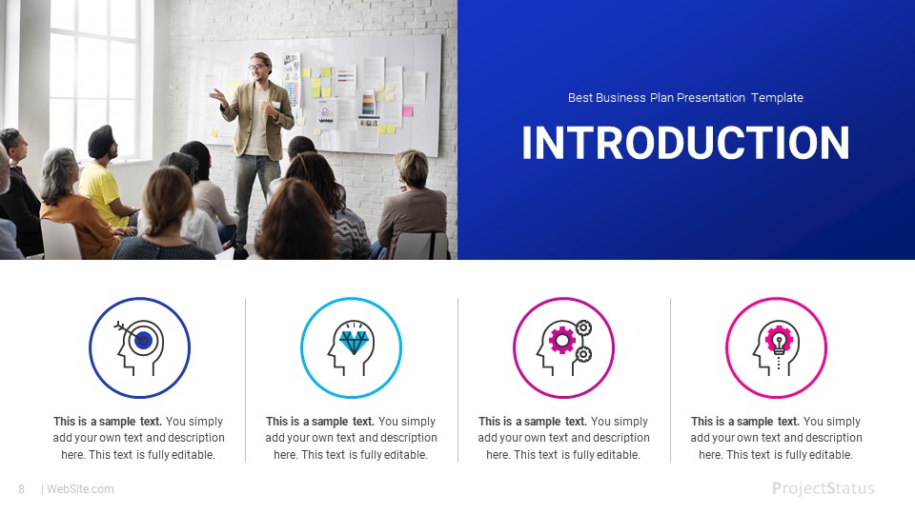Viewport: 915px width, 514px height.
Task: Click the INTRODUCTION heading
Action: (685, 143)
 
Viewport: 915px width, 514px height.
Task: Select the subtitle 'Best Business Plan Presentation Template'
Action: (685, 98)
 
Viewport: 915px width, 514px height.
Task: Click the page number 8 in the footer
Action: (21, 489)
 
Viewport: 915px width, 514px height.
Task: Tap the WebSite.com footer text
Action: (80, 489)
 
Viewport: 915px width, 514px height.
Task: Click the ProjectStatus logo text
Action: (823, 489)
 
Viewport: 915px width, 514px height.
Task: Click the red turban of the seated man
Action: (101, 139)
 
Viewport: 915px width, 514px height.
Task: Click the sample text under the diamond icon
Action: (351, 438)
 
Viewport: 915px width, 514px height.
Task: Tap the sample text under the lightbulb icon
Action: (776, 438)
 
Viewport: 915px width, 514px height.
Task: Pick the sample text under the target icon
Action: (139, 438)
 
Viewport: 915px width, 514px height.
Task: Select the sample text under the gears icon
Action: (563, 438)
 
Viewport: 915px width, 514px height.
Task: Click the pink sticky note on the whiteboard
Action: (407, 111)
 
